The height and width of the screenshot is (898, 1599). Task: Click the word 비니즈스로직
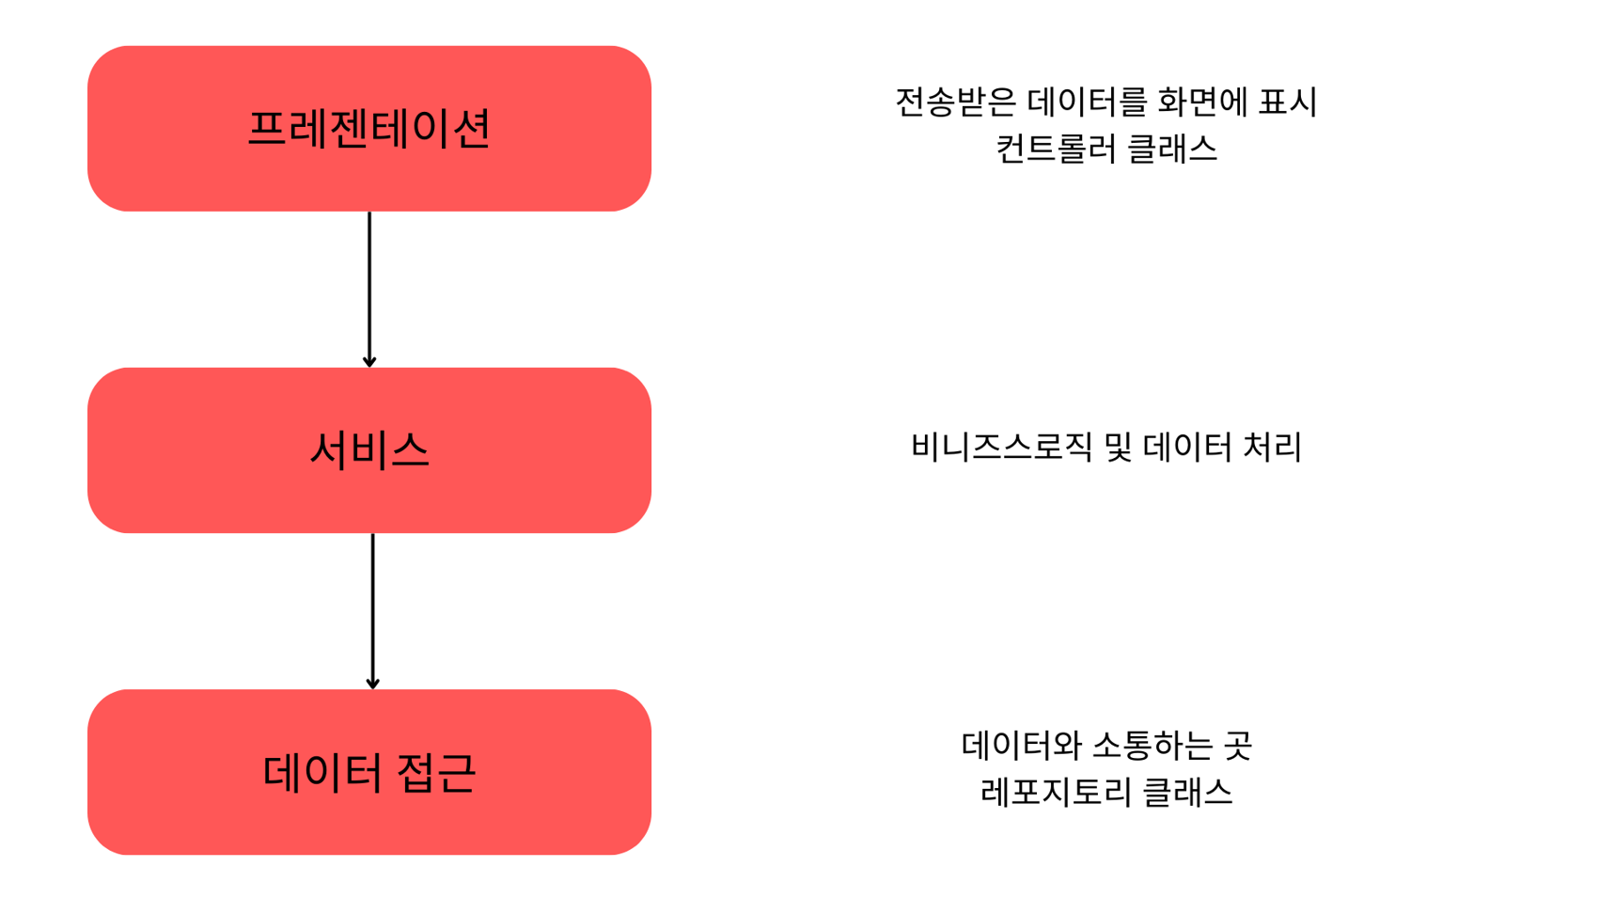pyautogui.click(x=1001, y=447)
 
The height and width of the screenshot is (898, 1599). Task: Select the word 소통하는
pyautogui.click(x=1150, y=746)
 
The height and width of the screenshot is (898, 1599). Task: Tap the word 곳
pyautogui.click(x=1237, y=746)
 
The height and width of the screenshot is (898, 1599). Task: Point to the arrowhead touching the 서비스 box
pyautogui.click(x=369, y=361)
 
